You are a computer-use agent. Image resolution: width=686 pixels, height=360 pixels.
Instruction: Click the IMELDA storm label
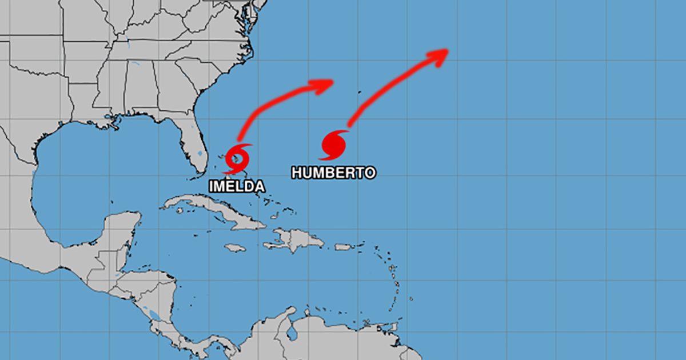pyautogui.click(x=237, y=186)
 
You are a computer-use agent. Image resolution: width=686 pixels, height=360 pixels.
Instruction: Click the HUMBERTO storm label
pyautogui.click(x=333, y=172)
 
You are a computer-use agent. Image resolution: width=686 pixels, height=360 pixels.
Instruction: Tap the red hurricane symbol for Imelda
pyautogui.click(x=238, y=155)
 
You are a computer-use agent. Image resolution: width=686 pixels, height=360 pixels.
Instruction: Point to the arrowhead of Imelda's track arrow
pyautogui.click(x=326, y=84)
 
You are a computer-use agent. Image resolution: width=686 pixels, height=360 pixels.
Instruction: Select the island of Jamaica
pyautogui.click(x=235, y=248)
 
